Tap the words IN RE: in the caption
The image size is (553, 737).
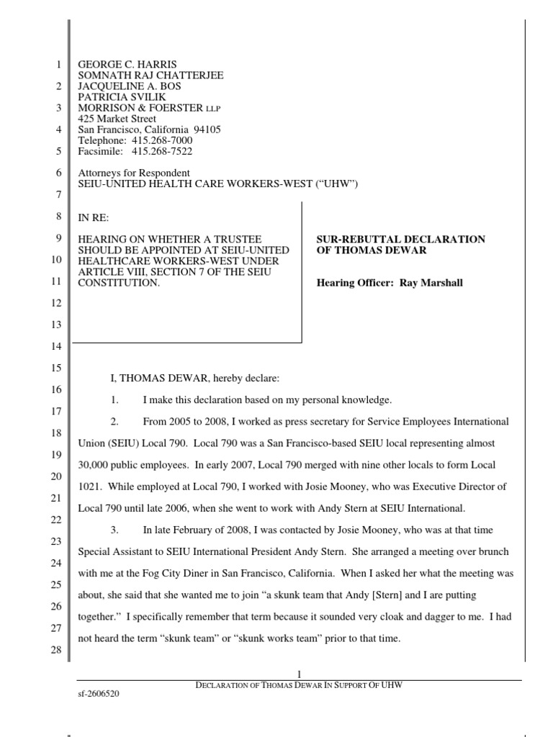(x=93, y=217)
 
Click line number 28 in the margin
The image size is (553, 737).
(x=58, y=651)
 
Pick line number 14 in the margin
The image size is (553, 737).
(x=58, y=348)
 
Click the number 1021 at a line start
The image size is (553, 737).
(x=90, y=488)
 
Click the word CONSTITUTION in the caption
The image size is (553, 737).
(x=118, y=283)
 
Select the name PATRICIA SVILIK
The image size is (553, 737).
(x=117, y=97)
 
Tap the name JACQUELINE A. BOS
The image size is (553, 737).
(x=129, y=86)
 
